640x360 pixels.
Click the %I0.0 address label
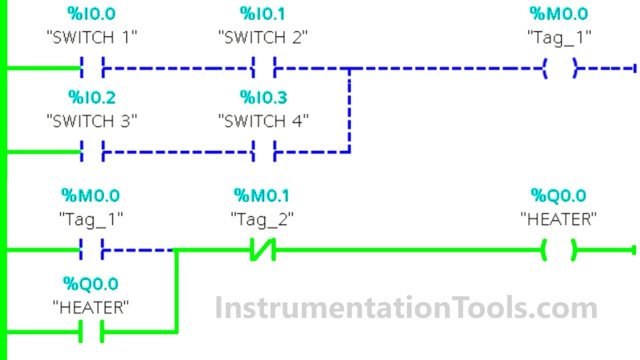click(x=91, y=14)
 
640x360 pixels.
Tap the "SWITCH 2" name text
click(x=263, y=37)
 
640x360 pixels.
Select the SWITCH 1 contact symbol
click(x=92, y=67)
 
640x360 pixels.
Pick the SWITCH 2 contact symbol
click(x=263, y=67)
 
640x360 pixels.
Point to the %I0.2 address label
click(x=91, y=97)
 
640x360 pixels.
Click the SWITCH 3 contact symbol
click(x=92, y=151)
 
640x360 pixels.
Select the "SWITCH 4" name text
click(x=263, y=121)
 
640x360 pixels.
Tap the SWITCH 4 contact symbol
click(x=263, y=151)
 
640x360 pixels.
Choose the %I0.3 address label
click(x=263, y=97)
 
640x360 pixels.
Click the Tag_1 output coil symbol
click(x=560, y=67)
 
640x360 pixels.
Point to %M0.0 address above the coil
click(x=559, y=14)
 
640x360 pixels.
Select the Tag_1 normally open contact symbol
click(x=91, y=249)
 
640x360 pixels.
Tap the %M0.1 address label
click(x=261, y=195)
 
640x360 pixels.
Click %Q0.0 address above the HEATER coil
click(x=558, y=195)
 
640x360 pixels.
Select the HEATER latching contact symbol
click(x=91, y=331)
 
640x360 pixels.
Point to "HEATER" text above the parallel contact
click(x=90, y=307)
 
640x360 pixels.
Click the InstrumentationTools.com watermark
click(x=406, y=307)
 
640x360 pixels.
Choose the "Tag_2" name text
click(x=262, y=219)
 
